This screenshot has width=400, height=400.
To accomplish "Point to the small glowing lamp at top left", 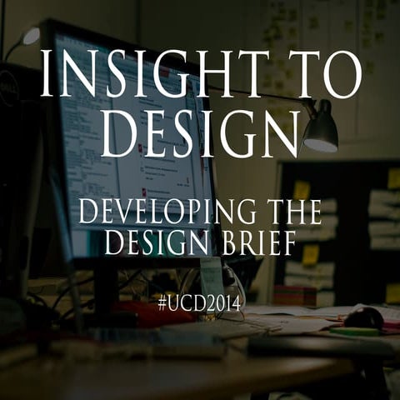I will [x=30, y=36].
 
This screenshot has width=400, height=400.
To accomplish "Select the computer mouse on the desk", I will [x=364, y=317].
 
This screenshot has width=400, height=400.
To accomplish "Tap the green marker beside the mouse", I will [x=354, y=331].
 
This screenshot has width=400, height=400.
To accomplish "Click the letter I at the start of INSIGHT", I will [x=47, y=74].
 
